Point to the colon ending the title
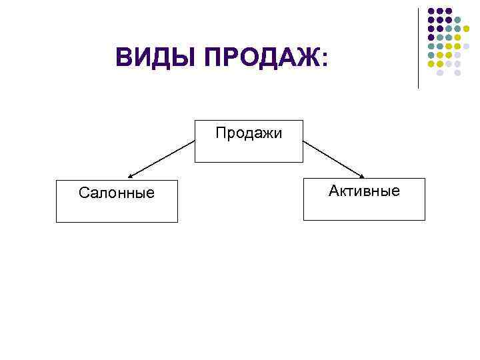tap(325, 60)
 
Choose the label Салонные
tap(116, 193)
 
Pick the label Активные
tap(364, 191)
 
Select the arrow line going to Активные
tap(333, 159)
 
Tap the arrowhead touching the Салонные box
tap(130, 177)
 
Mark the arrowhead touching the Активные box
tap(362, 176)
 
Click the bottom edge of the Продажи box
tap(249, 163)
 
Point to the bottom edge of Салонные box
tap(117, 221)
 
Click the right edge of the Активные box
tap(425, 199)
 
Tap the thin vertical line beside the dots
tap(419, 47)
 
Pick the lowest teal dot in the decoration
tap(431, 55)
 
